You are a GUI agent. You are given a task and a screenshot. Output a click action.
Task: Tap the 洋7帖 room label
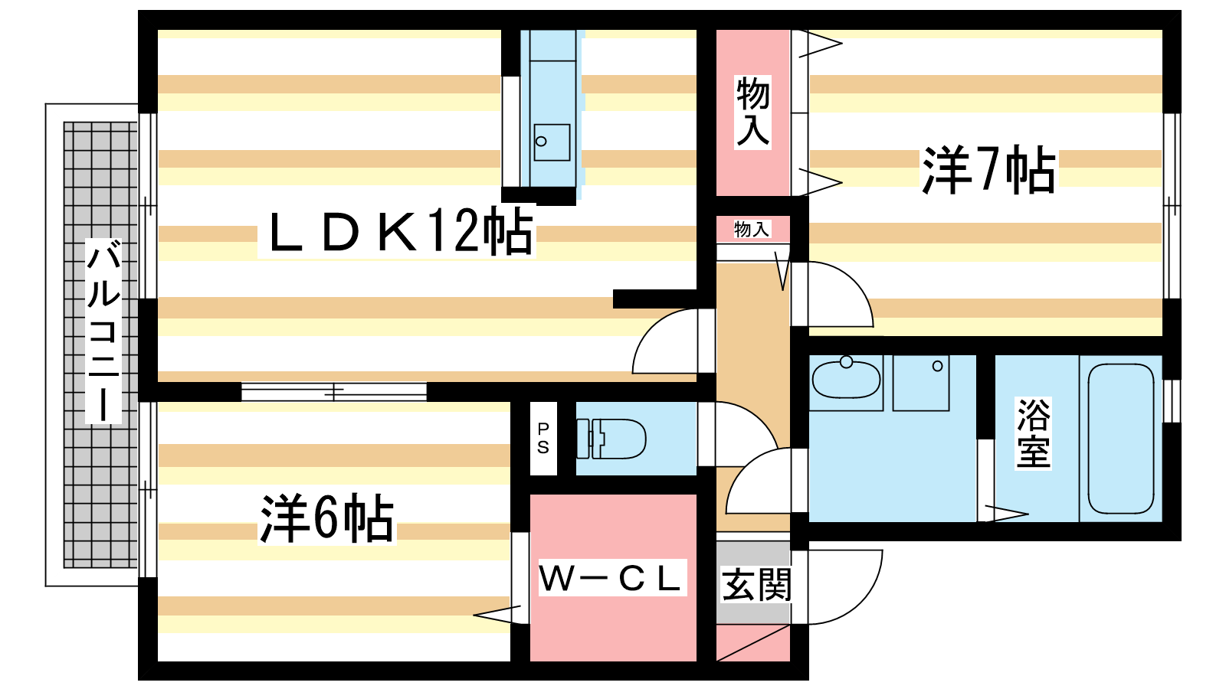[x=988, y=170]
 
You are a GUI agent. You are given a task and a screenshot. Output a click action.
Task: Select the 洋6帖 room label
[x=326, y=518]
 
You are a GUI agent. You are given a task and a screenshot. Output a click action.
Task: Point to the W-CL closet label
[x=611, y=578]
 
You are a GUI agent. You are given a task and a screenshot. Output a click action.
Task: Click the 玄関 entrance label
[x=756, y=585]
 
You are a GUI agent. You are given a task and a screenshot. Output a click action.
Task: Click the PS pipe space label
[x=543, y=438]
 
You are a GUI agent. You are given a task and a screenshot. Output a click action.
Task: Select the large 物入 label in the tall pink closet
[x=752, y=112]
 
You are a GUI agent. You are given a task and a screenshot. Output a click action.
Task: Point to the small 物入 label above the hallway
[x=752, y=229]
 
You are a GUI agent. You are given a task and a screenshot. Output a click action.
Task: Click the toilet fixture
[x=611, y=439]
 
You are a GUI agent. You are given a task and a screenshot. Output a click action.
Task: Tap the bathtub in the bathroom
[x=1120, y=439]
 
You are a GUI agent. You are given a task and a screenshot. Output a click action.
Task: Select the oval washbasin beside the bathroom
[x=846, y=379]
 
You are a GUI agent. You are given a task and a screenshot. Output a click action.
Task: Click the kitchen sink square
[x=552, y=142]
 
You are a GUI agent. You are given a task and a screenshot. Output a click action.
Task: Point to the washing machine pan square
[x=921, y=383]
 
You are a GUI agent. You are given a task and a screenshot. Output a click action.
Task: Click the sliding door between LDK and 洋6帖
[x=334, y=391]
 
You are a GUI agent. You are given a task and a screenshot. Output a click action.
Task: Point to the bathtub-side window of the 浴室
[x=1172, y=401]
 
